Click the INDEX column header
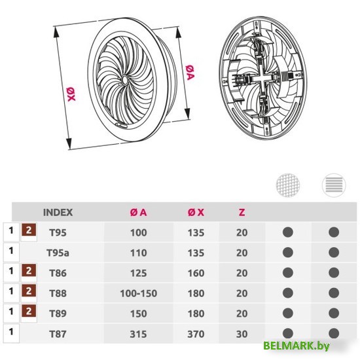tap(58, 212)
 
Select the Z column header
tap(242, 212)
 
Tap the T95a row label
tap(58, 253)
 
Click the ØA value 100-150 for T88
tap(139, 293)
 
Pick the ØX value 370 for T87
tap(196, 334)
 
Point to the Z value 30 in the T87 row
tap(242, 334)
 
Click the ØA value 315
tap(138, 334)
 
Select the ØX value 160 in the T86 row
tap(196, 273)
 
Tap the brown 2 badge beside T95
tap(29, 230)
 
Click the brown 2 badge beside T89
tap(29, 311)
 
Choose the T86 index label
tap(58, 273)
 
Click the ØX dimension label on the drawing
tap(71, 94)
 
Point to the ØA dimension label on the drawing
tap(190, 73)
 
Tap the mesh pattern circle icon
tap(288, 185)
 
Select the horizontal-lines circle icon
tap(334, 185)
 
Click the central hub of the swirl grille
tap(125, 81)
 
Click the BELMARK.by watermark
tap(296, 346)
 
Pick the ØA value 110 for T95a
tap(139, 253)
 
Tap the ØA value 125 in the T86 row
tap(139, 273)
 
